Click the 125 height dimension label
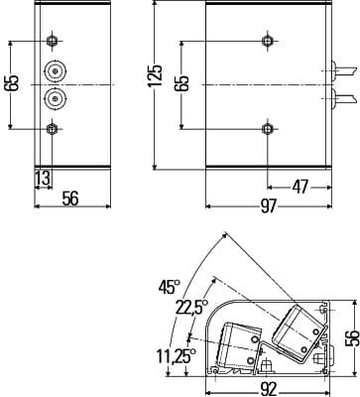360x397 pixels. click(156, 75)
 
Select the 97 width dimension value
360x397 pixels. click(268, 206)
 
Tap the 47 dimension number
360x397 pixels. click(300, 187)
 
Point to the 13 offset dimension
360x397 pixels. click(43, 179)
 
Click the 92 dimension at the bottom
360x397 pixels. click(268, 389)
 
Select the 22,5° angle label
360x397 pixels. click(191, 308)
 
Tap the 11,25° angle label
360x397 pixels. click(177, 356)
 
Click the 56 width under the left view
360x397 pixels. click(70, 198)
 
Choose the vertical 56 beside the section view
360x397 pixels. click(353, 337)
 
